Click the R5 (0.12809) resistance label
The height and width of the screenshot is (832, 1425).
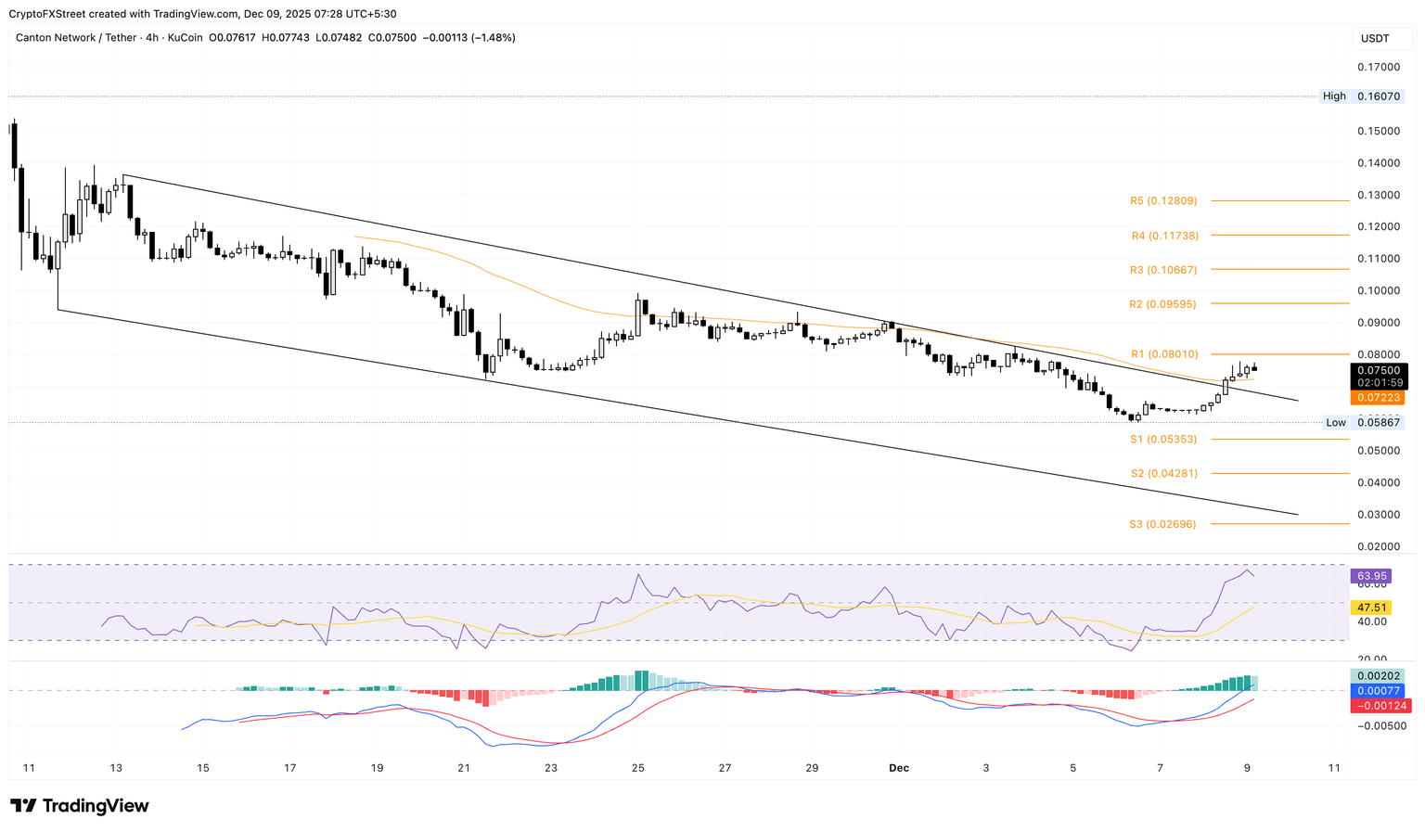click(1162, 200)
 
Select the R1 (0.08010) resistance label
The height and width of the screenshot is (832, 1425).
click(1163, 354)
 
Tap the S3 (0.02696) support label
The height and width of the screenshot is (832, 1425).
click(1162, 524)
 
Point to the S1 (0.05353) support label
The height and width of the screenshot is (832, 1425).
click(1162, 440)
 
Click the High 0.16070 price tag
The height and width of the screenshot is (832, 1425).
click(1361, 96)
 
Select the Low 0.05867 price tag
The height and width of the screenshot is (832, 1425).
click(1361, 423)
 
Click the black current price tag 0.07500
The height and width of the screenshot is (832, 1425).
click(1378, 371)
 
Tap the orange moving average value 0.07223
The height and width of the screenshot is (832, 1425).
click(1378, 398)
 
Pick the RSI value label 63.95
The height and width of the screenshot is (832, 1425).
click(1371, 576)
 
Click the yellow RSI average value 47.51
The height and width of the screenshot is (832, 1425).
click(1371, 608)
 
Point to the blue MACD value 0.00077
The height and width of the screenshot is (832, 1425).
click(1378, 691)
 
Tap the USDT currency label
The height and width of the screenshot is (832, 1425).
click(1375, 38)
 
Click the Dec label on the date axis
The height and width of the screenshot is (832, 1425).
click(898, 768)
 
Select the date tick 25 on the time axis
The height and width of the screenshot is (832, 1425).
click(637, 768)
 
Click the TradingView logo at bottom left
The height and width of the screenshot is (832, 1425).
click(80, 806)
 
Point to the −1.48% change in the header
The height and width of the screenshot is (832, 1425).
click(492, 38)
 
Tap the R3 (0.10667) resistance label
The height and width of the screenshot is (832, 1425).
click(1162, 270)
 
